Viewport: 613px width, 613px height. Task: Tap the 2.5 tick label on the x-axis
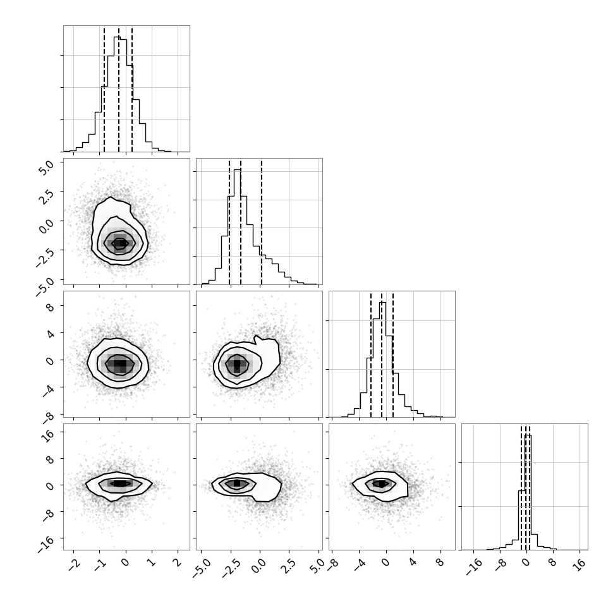click(287, 566)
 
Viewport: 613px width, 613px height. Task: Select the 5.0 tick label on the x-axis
click(317, 566)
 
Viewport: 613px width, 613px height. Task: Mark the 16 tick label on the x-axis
click(581, 564)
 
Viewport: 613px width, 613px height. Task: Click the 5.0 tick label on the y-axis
click(46, 167)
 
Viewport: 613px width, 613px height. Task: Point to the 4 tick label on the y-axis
click(49, 334)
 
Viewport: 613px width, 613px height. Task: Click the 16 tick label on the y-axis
click(47, 435)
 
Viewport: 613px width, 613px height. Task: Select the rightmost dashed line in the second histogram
click(261, 222)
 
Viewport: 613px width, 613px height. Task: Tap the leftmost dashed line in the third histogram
click(370, 355)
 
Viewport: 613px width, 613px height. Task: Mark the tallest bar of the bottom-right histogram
click(528, 492)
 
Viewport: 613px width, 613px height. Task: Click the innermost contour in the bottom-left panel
click(121, 483)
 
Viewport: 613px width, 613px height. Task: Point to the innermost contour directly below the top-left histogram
click(119, 243)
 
